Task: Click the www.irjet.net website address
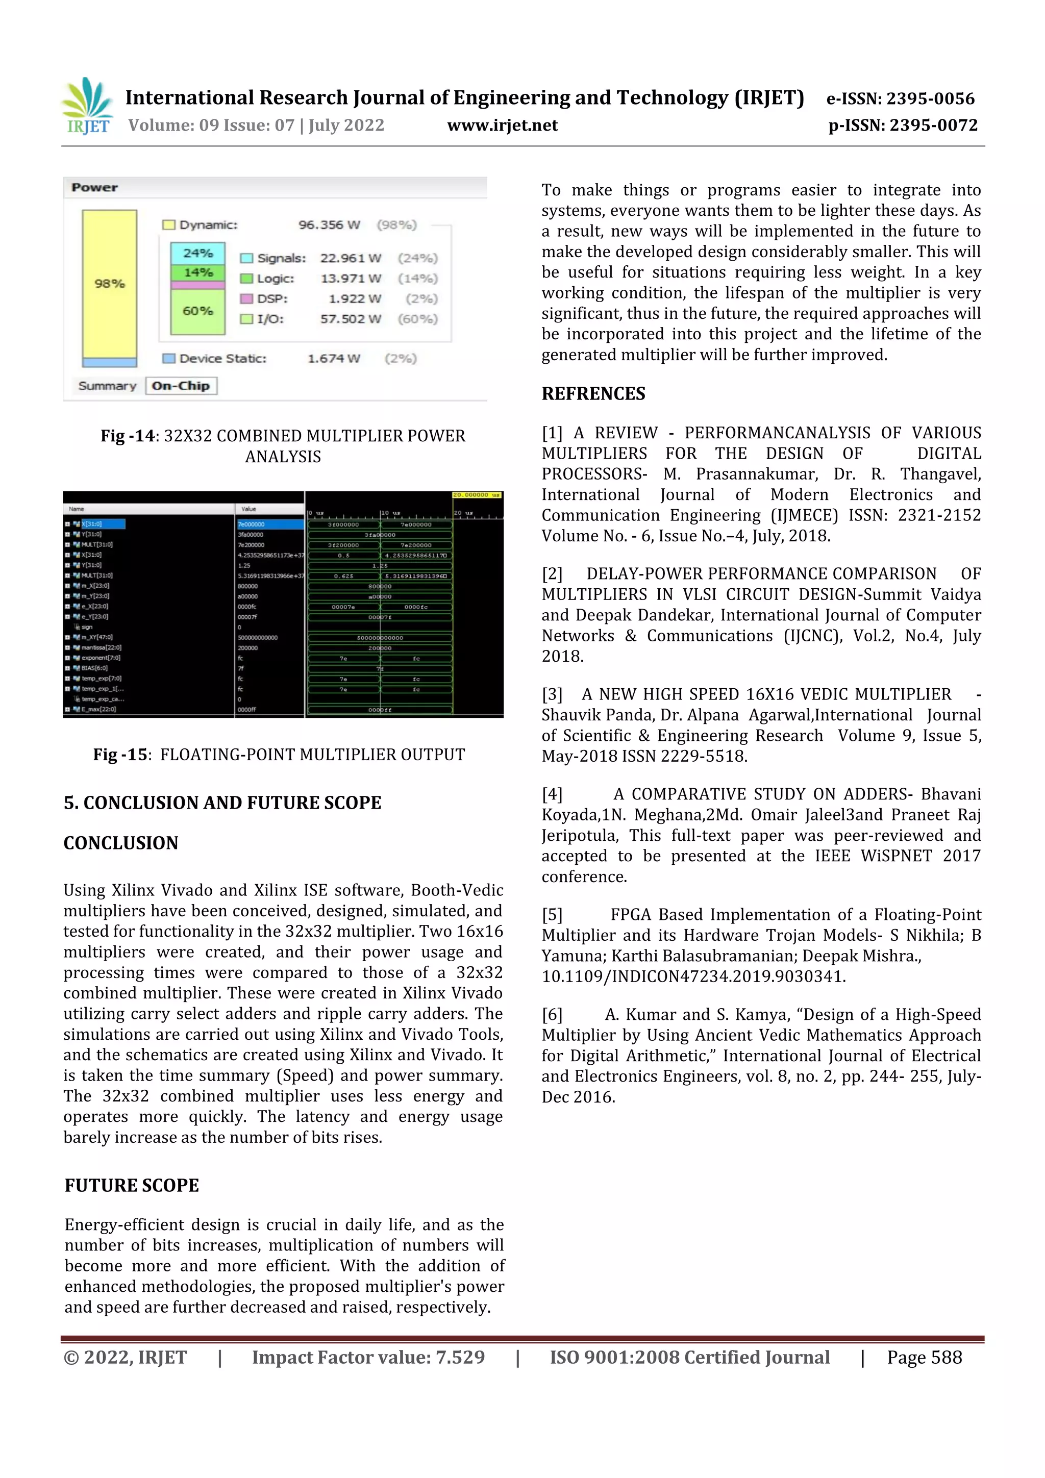(502, 126)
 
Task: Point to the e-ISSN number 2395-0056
(900, 98)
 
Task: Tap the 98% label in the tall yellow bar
(110, 284)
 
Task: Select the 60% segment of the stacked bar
(197, 311)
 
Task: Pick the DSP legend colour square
(246, 298)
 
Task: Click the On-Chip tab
(181, 386)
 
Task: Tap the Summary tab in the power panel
(107, 386)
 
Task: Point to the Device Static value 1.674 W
(334, 359)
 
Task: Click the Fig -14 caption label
(128, 436)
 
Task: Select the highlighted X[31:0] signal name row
(103, 524)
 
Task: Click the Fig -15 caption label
(121, 755)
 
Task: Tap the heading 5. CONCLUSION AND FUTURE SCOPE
(222, 803)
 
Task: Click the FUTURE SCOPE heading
(132, 1185)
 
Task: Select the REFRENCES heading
(593, 393)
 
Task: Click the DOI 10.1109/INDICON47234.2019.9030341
(693, 976)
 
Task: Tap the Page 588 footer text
(924, 1358)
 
